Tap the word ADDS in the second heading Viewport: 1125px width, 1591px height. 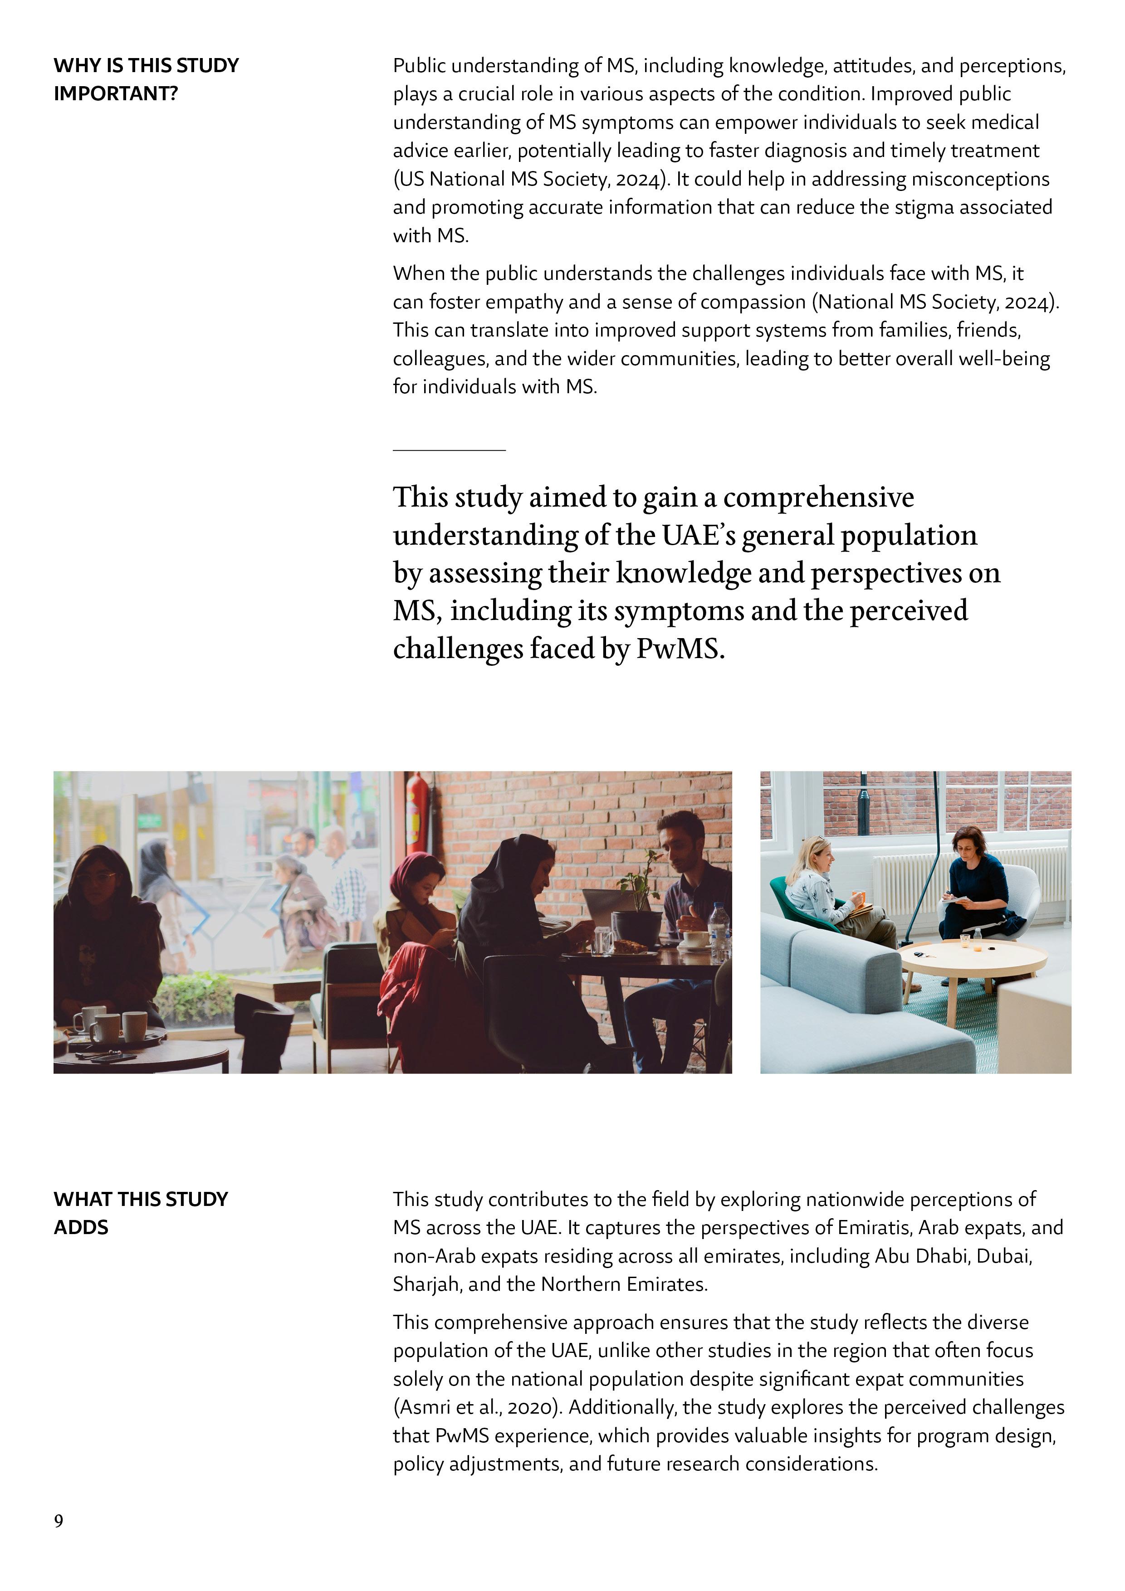pos(81,1227)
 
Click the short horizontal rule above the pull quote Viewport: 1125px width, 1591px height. pos(449,450)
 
